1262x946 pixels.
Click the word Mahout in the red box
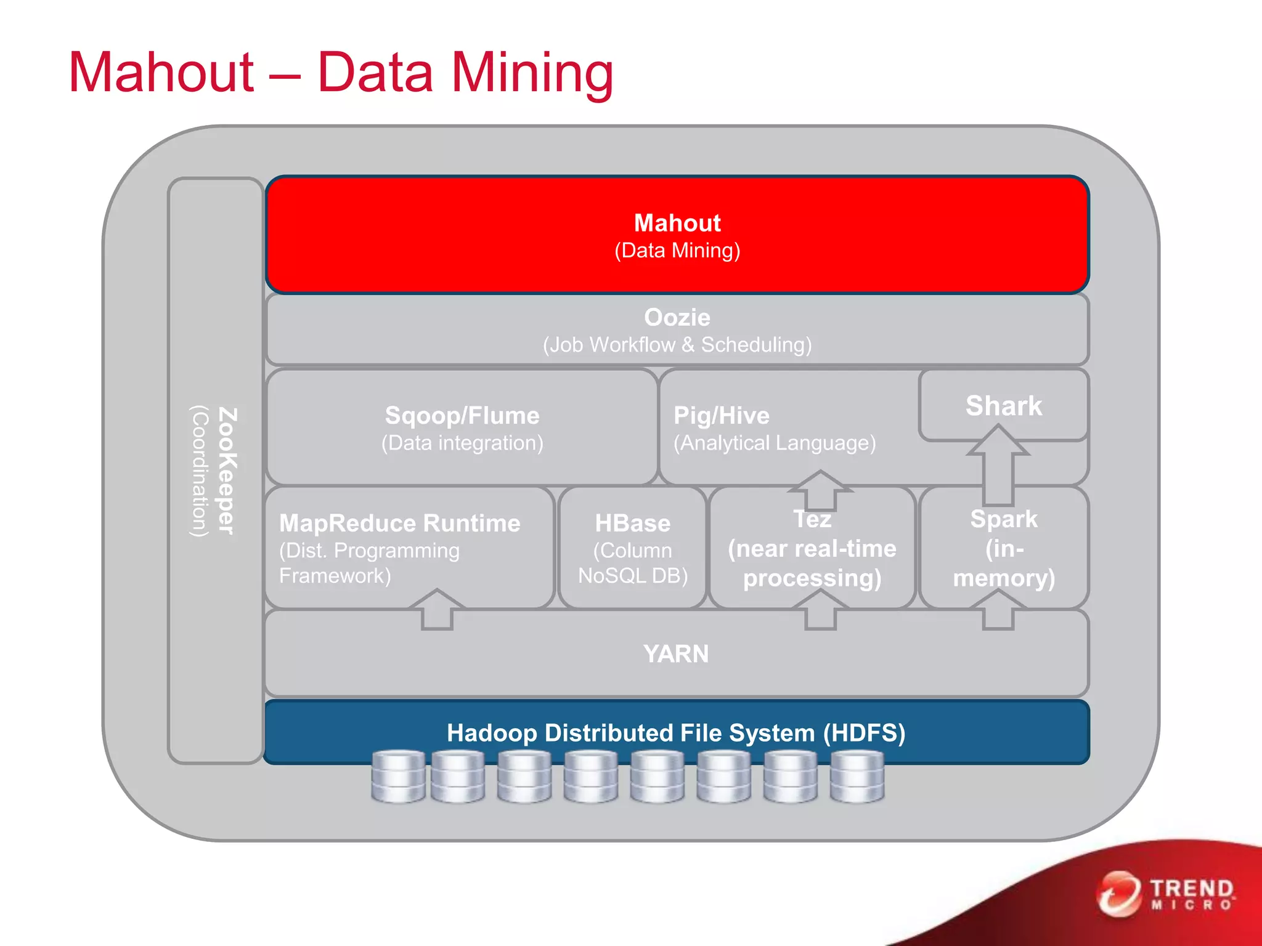(x=677, y=223)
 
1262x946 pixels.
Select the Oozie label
(x=677, y=318)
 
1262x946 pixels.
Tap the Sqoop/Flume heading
(x=462, y=416)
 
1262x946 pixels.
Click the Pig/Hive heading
(x=721, y=416)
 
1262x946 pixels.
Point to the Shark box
(x=1003, y=406)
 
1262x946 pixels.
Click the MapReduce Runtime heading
(x=399, y=524)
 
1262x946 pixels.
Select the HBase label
(x=632, y=524)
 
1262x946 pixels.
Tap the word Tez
(x=812, y=520)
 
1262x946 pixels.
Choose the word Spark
(x=1003, y=519)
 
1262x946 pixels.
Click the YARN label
(x=676, y=654)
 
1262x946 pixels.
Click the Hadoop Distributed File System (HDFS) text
(x=676, y=733)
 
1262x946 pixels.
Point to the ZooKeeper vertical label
(x=227, y=471)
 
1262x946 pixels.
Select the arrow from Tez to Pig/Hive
(x=820, y=490)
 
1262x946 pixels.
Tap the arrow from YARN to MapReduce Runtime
(x=437, y=609)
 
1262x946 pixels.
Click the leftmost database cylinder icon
(x=398, y=777)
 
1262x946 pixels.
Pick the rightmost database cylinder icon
(x=857, y=777)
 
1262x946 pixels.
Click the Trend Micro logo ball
(x=1118, y=894)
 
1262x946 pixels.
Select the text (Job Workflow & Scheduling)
(x=677, y=345)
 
